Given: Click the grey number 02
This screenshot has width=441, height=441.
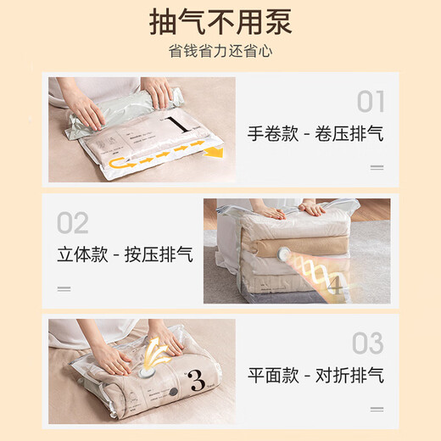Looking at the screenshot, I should [73, 224].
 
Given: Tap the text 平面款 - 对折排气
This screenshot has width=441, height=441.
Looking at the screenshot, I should [315, 374].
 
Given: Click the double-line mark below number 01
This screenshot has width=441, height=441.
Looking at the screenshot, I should [376, 167].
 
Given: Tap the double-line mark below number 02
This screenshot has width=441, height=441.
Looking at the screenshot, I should [64, 288].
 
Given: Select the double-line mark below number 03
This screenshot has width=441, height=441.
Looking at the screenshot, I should [376, 408].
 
